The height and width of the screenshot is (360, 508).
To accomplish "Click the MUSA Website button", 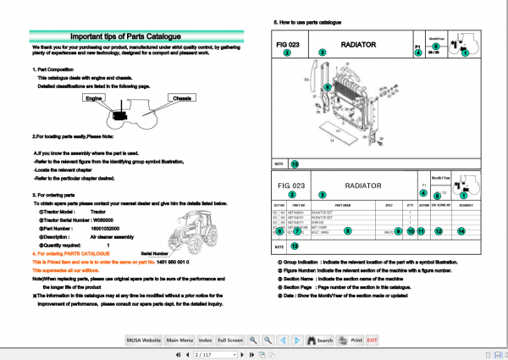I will [141, 340].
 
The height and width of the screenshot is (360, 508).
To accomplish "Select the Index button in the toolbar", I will [206, 340].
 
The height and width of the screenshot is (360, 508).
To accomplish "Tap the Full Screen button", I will [230, 340].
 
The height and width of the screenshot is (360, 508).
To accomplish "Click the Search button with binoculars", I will [318, 340].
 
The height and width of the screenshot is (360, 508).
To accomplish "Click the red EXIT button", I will [372, 340].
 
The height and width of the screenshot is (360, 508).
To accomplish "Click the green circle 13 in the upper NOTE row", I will [295, 163].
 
